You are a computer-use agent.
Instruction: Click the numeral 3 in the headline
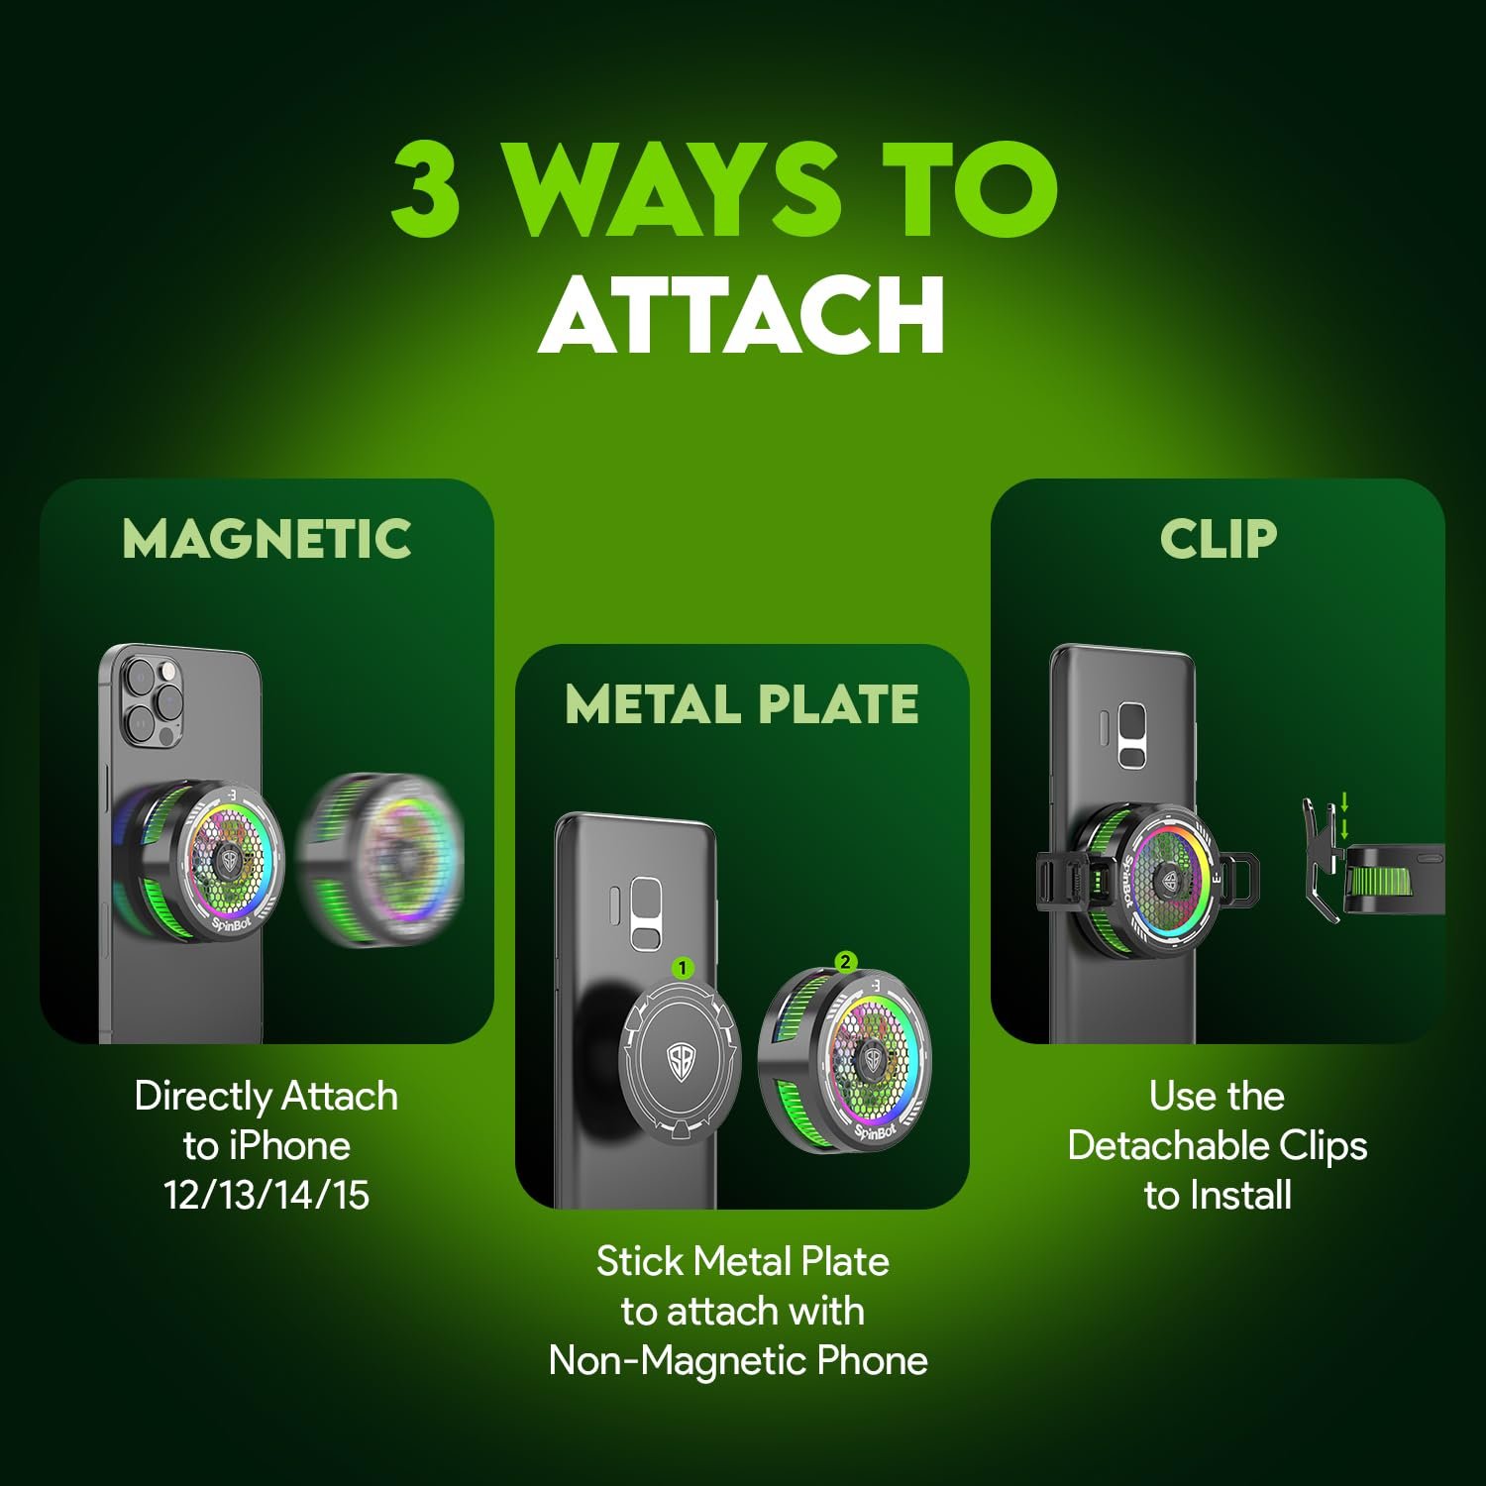tap(426, 188)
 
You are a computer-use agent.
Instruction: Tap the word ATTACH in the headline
tap(742, 314)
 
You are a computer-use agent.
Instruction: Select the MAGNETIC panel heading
tap(266, 539)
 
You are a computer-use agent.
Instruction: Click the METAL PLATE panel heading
tap(742, 704)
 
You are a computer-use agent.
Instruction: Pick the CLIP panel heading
tap(1218, 539)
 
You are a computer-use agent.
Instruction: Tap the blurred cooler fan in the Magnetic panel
tap(380, 857)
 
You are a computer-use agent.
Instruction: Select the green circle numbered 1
tap(683, 968)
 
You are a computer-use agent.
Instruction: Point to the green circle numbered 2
tap(845, 961)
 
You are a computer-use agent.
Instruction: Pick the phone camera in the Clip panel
tap(1131, 734)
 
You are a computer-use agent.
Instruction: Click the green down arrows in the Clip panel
tap(1344, 815)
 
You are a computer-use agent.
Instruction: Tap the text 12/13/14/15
tap(266, 1196)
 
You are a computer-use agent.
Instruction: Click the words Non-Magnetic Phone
tap(739, 1361)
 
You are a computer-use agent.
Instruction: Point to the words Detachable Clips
tap(1218, 1146)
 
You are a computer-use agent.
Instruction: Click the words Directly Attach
tap(266, 1097)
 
